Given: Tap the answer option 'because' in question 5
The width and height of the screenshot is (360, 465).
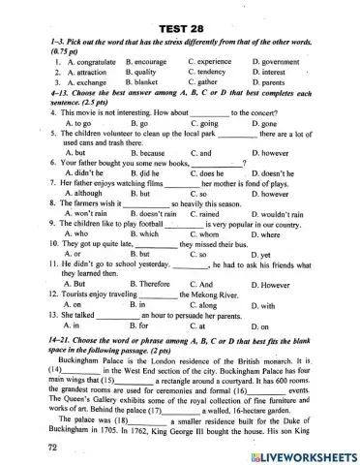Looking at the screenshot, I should pyautogui.click(x=146, y=153).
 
